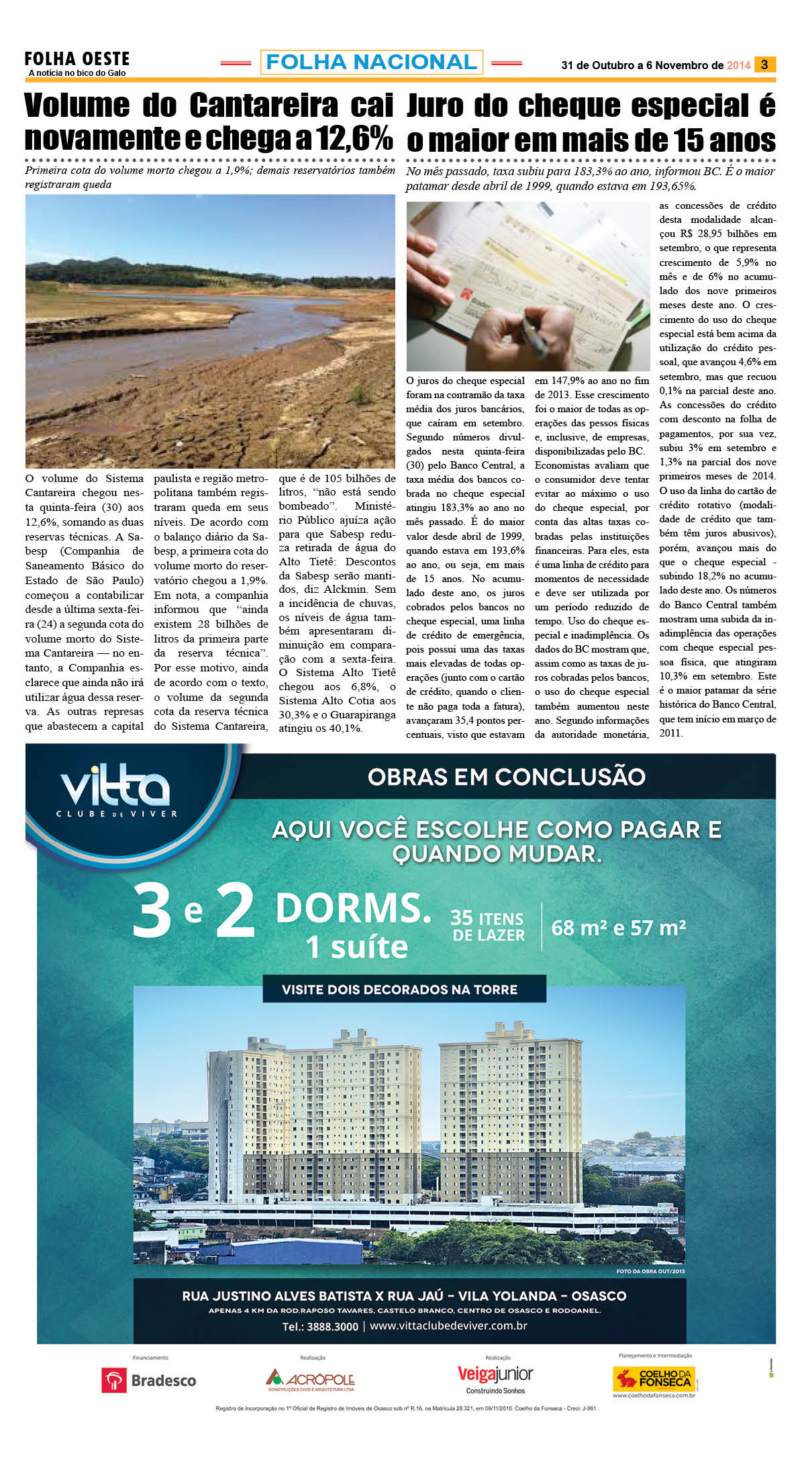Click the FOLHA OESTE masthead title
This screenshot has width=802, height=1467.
coord(77,59)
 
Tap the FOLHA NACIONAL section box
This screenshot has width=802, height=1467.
coord(371,62)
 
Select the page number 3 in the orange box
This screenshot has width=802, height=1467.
coord(764,64)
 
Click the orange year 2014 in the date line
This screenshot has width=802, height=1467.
coord(738,65)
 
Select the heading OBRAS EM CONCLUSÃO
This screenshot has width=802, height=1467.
coord(506,777)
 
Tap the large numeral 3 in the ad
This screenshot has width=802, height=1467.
coord(152,912)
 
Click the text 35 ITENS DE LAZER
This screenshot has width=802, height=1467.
coord(487,927)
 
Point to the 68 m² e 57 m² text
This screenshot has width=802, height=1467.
coord(618,927)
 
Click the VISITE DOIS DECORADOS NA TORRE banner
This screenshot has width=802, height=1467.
coord(399,989)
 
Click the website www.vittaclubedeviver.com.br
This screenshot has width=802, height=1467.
coord(448,1326)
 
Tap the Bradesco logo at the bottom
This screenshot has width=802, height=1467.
coord(149,1380)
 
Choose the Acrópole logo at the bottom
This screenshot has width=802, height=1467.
coord(310,1379)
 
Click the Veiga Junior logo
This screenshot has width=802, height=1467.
coord(495,1379)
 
